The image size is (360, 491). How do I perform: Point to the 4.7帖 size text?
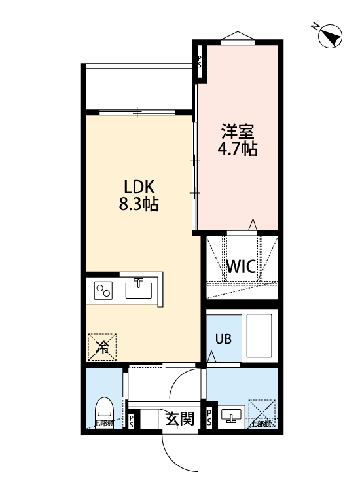tap(237, 149)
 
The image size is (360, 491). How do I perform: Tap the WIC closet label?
tap(240, 267)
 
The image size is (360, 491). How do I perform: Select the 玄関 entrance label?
tap(179, 418)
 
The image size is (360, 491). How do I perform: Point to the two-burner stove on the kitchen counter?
tap(104, 291)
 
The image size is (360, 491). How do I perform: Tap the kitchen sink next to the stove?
tap(139, 289)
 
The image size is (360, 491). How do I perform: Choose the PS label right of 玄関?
tap(209, 418)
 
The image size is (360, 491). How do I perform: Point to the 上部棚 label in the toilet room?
tap(104, 424)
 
